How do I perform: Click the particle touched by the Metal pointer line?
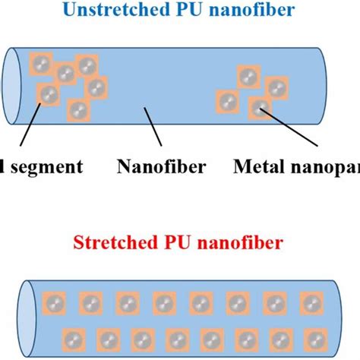point(260,107)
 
